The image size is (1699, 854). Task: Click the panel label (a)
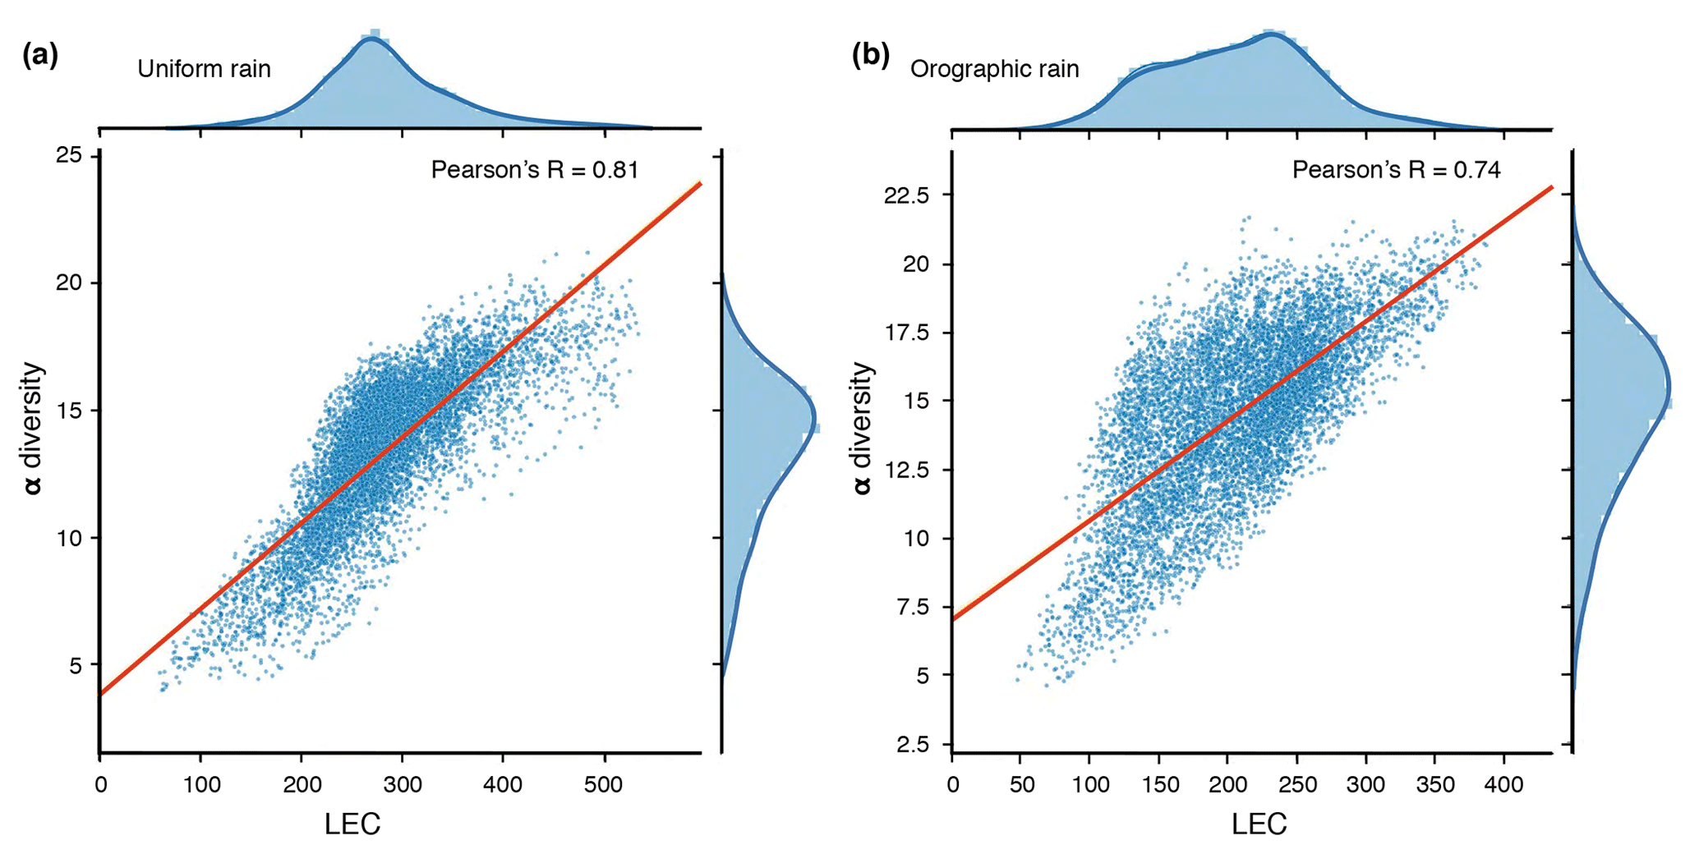(40, 56)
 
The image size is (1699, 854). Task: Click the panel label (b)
(871, 56)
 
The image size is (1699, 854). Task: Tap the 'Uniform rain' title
(204, 69)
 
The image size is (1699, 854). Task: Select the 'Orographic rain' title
(994, 69)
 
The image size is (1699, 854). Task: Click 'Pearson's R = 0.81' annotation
(535, 170)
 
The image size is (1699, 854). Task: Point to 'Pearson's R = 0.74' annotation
(1396, 170)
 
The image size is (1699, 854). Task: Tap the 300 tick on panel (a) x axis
(403, 785)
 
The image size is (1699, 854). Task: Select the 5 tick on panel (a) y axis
(76, 664)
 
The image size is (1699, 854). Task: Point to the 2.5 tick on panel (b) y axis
(913, 745)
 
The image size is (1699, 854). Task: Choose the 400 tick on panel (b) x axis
(1504, 785)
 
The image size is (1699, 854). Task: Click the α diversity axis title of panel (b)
(862, 428)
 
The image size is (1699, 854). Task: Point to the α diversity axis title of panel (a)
(33, 428)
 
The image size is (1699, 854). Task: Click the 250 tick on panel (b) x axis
(1297, 785)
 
